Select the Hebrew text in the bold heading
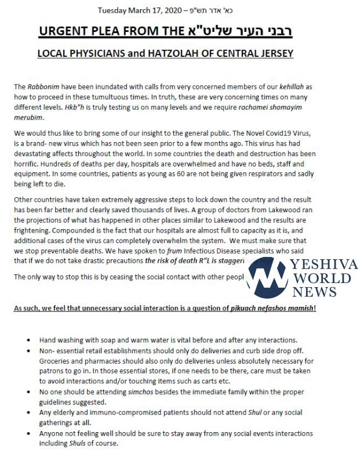tap(258, 31)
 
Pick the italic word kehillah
tap(288, 86)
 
